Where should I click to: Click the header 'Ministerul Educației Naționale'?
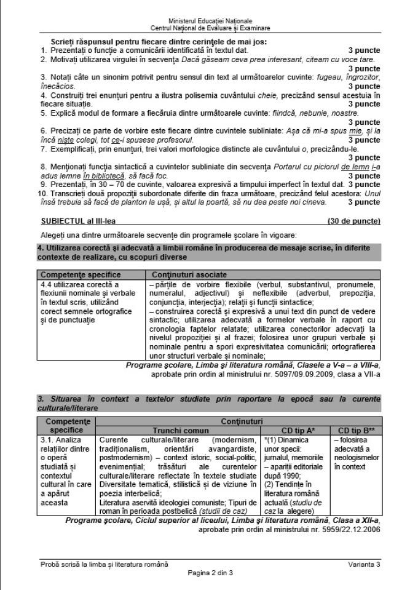(x=210, y=22)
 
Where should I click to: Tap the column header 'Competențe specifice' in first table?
(x=81, y=274)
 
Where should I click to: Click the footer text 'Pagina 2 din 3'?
(x=210, y=572)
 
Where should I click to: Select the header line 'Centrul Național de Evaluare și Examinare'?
(x=210, y=28)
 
